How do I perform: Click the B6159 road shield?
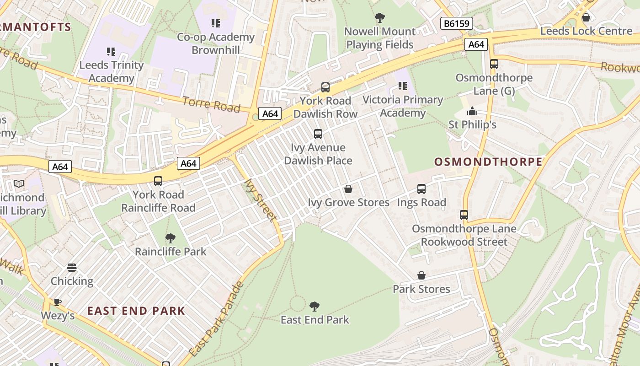(456, 23)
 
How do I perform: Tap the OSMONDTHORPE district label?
(488, 161)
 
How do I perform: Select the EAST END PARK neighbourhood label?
(136, 311)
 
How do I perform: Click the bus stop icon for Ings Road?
(421, 189)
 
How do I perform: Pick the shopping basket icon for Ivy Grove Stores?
(348, 189)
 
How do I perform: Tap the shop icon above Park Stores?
(421, 275)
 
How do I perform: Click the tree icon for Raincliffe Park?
(171, 238)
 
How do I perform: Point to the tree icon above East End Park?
(314, 306)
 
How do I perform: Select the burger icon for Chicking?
(72, 268)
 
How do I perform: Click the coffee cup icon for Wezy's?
(58, 302)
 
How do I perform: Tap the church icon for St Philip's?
(472, 111)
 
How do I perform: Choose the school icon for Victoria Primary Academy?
(403, 86)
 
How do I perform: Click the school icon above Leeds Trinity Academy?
(111, 51)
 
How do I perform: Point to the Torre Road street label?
(211, 104)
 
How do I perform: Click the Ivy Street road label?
(261, 200)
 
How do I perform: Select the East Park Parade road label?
(217, 319)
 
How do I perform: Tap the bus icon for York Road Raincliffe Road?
(158, 181)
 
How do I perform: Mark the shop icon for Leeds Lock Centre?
(586, 17)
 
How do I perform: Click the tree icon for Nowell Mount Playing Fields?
(379, 18)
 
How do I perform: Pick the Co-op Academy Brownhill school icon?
(215, 23)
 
